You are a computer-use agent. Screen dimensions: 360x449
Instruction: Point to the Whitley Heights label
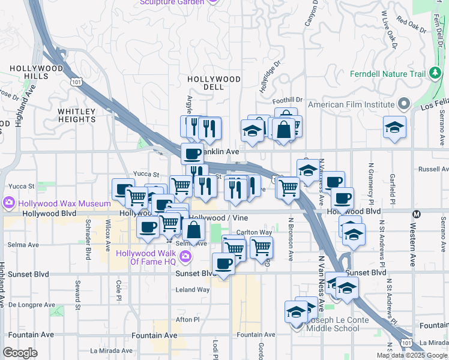tap(77, 115)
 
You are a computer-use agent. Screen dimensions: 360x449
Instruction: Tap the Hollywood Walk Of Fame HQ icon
tap(186, 257)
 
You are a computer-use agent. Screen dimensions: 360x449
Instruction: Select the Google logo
tap(20, 353)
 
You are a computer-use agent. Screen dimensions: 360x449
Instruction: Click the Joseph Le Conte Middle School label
tap(333, 324)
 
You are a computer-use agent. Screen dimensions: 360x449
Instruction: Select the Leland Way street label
tap(193, 289)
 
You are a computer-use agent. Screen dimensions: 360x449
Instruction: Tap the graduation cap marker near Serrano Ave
tap(394, 128)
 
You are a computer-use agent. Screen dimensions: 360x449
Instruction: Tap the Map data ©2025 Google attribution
tap(411, 355)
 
